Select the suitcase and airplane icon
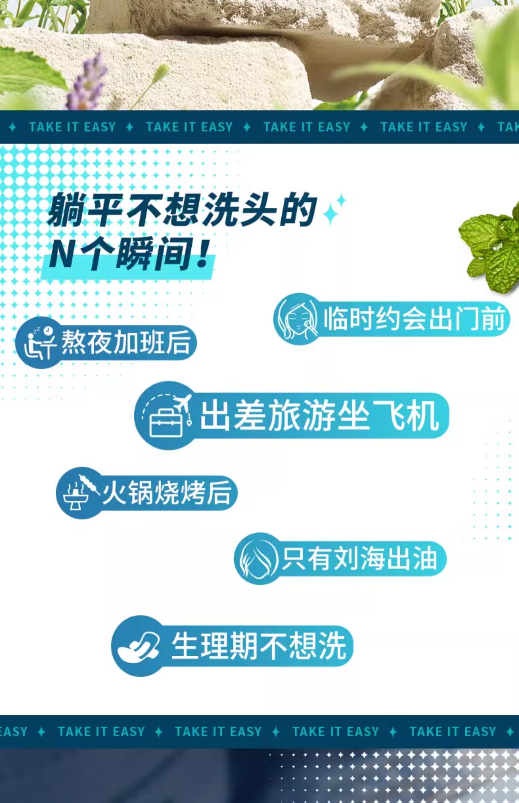point(167,415)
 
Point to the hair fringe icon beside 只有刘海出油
point(257,559)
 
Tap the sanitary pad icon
point(138,646)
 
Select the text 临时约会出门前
point(414,319)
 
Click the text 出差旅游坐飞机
point(320,415)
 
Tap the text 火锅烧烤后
point(167,492)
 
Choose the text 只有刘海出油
point(359,559)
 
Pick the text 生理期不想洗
point(259,646)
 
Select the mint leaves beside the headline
point(491,248)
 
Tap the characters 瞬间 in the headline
point(152,254)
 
